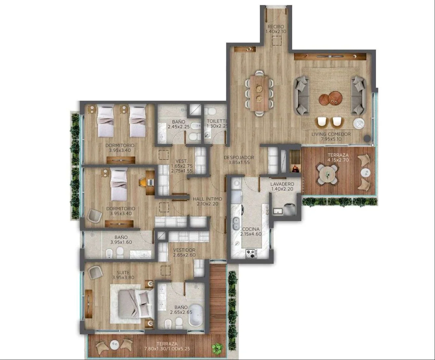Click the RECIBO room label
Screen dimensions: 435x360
[276, 27]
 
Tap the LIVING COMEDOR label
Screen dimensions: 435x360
[331, 134]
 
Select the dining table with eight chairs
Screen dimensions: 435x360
[259, 93]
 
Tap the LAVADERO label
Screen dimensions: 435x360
[282, 184]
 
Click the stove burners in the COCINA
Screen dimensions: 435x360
[251, 253]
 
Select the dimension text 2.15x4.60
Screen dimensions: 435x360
[251, 234]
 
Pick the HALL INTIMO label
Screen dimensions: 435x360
[207, 199]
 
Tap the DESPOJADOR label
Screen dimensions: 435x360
[239, 157]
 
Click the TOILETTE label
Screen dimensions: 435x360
[217, 121]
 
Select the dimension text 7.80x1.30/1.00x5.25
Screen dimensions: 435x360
[167, 348]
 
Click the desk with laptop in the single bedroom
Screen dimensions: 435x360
[150, 182]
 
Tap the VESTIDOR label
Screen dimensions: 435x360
[184, 250]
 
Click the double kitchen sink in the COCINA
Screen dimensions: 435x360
[236, 223]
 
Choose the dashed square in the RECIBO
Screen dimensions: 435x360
[277, 41]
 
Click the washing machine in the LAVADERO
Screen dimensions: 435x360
[289, 209]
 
